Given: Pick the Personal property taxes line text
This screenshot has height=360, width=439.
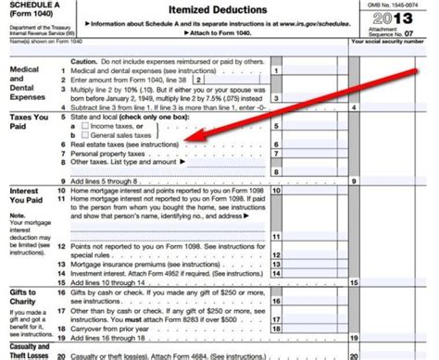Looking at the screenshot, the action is pos(107,153).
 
